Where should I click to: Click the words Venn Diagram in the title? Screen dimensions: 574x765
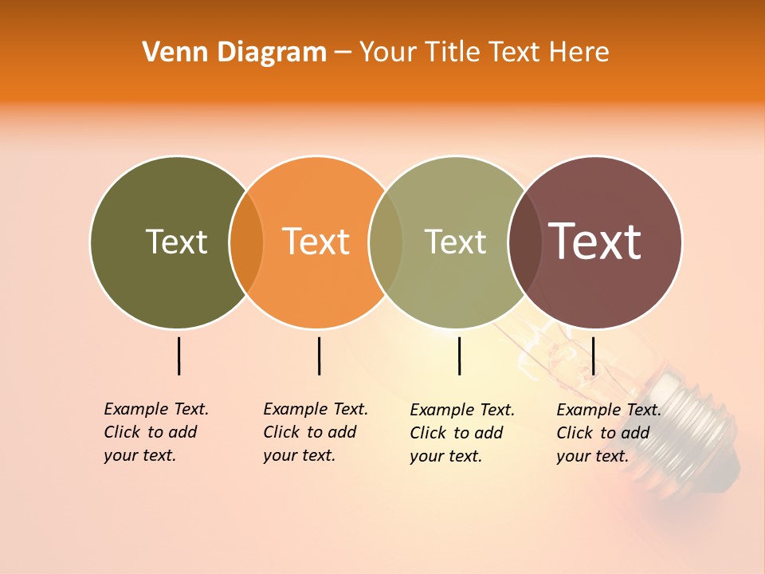tap(234, 53)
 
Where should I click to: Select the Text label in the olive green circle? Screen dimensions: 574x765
tap(176, 242)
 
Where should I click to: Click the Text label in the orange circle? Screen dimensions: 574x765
tap(316, 242)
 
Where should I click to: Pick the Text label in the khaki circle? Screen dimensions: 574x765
tap(455, 242)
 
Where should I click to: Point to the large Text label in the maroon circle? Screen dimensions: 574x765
tap(595, 242)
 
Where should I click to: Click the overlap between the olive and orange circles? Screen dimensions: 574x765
tap(246, 242)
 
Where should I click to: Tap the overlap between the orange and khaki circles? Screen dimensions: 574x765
tap(386, 242)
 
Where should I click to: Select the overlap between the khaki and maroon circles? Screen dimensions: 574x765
tap(525, 242)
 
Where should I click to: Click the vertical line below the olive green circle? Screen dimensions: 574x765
tap(178, 356)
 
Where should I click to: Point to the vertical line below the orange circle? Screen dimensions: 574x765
tap(319, 356)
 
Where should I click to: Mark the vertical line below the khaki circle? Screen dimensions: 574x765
tap(459, 356)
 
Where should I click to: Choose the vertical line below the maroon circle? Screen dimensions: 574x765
tap(593, 356)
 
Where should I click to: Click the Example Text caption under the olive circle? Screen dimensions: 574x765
tap(156, 432)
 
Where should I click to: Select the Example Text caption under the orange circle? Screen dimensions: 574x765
tap(316, 432)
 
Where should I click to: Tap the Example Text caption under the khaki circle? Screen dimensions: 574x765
tap(462, 433)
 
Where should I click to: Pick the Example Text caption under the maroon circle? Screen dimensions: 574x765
tap(609, 433)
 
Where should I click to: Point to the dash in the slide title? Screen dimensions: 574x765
tap(343, 53)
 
